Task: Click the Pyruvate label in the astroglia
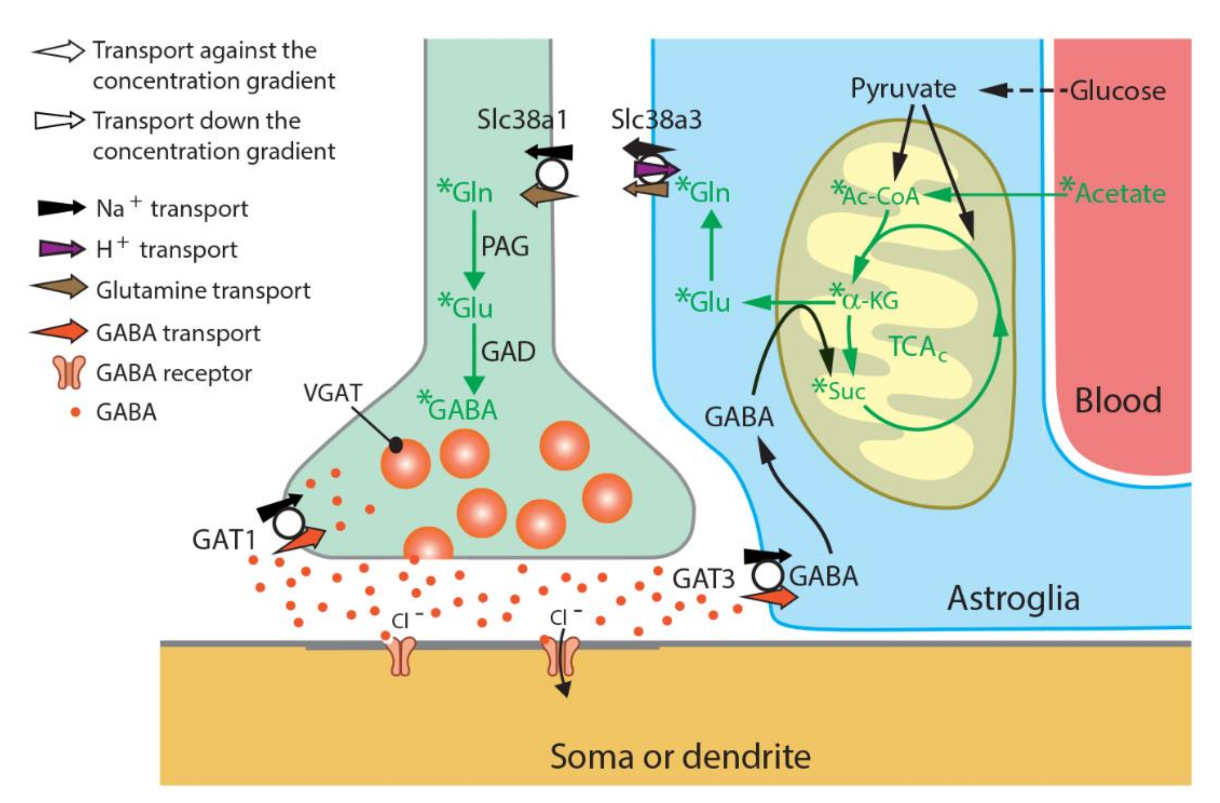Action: click(903, 89)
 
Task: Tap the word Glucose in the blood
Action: click(1118, 91)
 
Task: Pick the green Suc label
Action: click(845, 391)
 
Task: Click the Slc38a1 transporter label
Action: click(522, 120)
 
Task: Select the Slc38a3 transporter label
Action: click(656, 120)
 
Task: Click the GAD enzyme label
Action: click(508, 352)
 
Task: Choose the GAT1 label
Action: click(224, 540)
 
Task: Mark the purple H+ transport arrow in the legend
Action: click(61, 249)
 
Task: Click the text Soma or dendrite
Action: click(680, 756)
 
